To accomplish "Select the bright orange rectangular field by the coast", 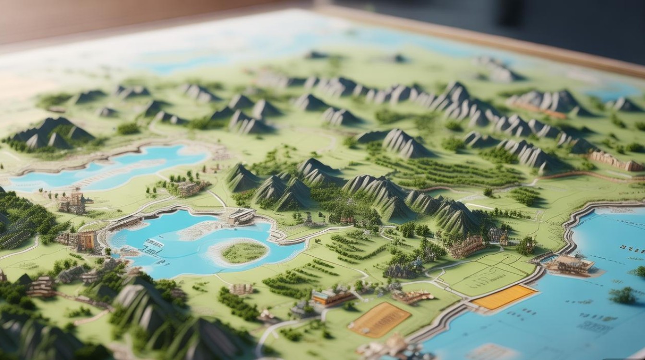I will point(504,297).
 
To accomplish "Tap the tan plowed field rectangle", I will point(379,320).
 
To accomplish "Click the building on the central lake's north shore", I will point(241,216).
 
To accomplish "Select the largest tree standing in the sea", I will point(623,295).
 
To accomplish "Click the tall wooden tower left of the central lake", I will point(72,203).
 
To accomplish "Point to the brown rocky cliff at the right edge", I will point(617,161).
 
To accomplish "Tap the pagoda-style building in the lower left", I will point(41,287).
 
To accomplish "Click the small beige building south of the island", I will point(241,289).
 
